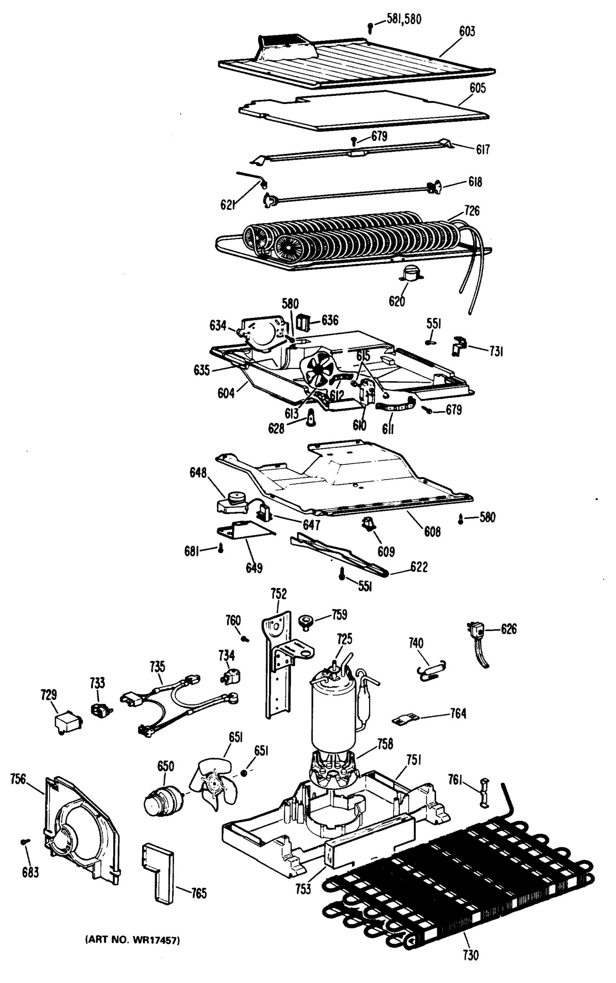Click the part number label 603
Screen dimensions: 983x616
pos(467,31)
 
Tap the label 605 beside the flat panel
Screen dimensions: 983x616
pos(478,88)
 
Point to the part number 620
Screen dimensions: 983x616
pos(396,301)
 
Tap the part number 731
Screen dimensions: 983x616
pos(496,351)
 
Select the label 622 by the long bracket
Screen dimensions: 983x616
pos(419,567)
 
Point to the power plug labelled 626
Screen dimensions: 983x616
pos(477,633)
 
